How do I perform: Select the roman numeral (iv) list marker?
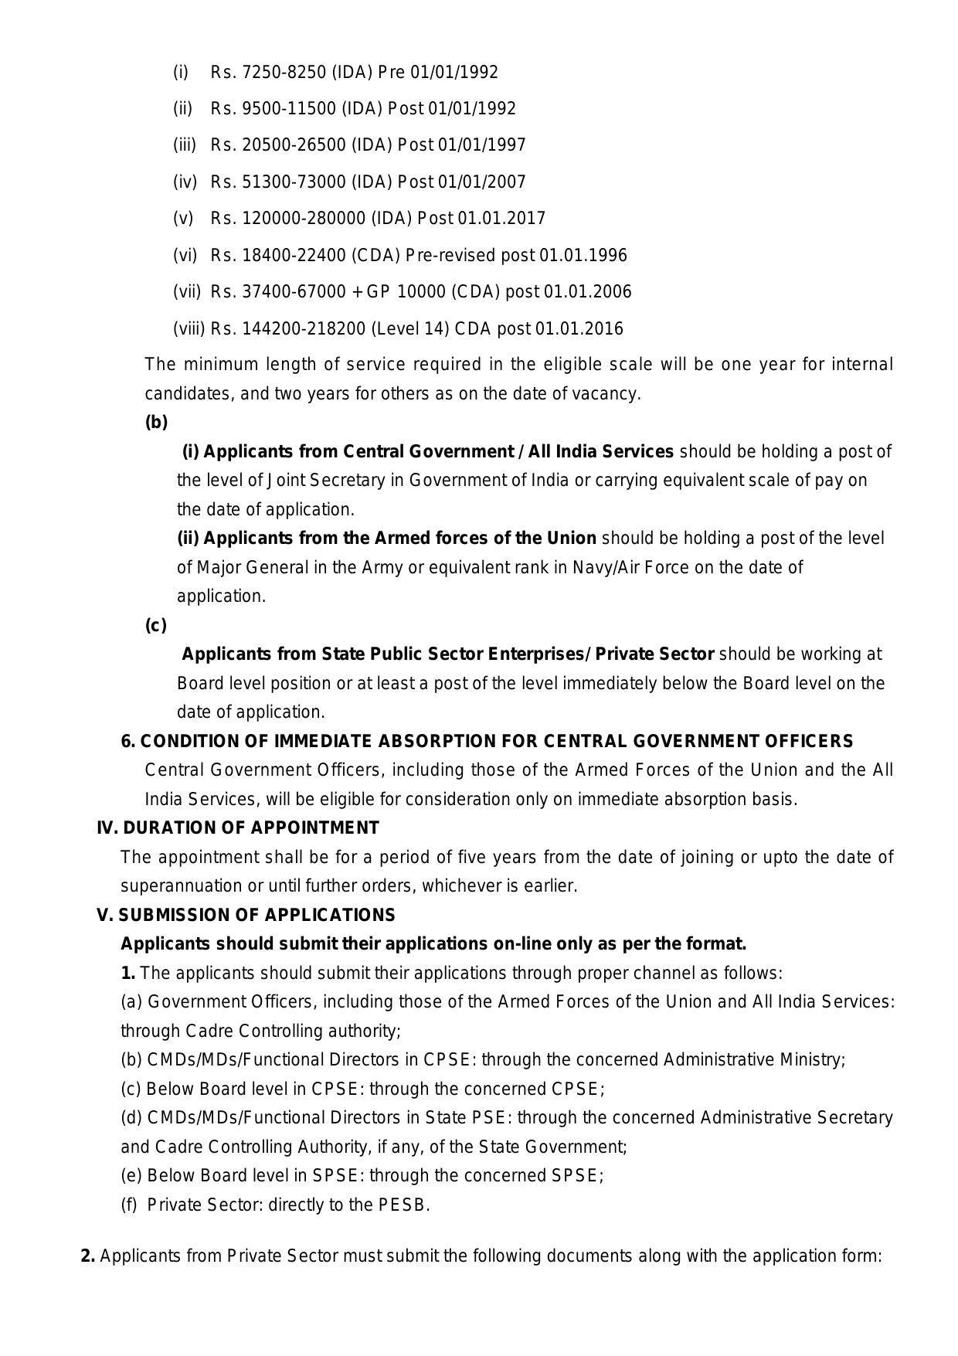[x=185, y=182]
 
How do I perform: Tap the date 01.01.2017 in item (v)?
[x=501, y=219]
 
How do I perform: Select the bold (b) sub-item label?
[x=156, y=423]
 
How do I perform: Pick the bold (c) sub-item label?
[x=155, y=626]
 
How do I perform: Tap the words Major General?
[x=253, y=568]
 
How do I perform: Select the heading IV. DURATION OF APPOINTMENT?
[x=238, y=828]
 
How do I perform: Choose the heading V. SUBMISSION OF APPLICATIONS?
[x=246, y=916]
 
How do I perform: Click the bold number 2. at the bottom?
[x=88, y=1256]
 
